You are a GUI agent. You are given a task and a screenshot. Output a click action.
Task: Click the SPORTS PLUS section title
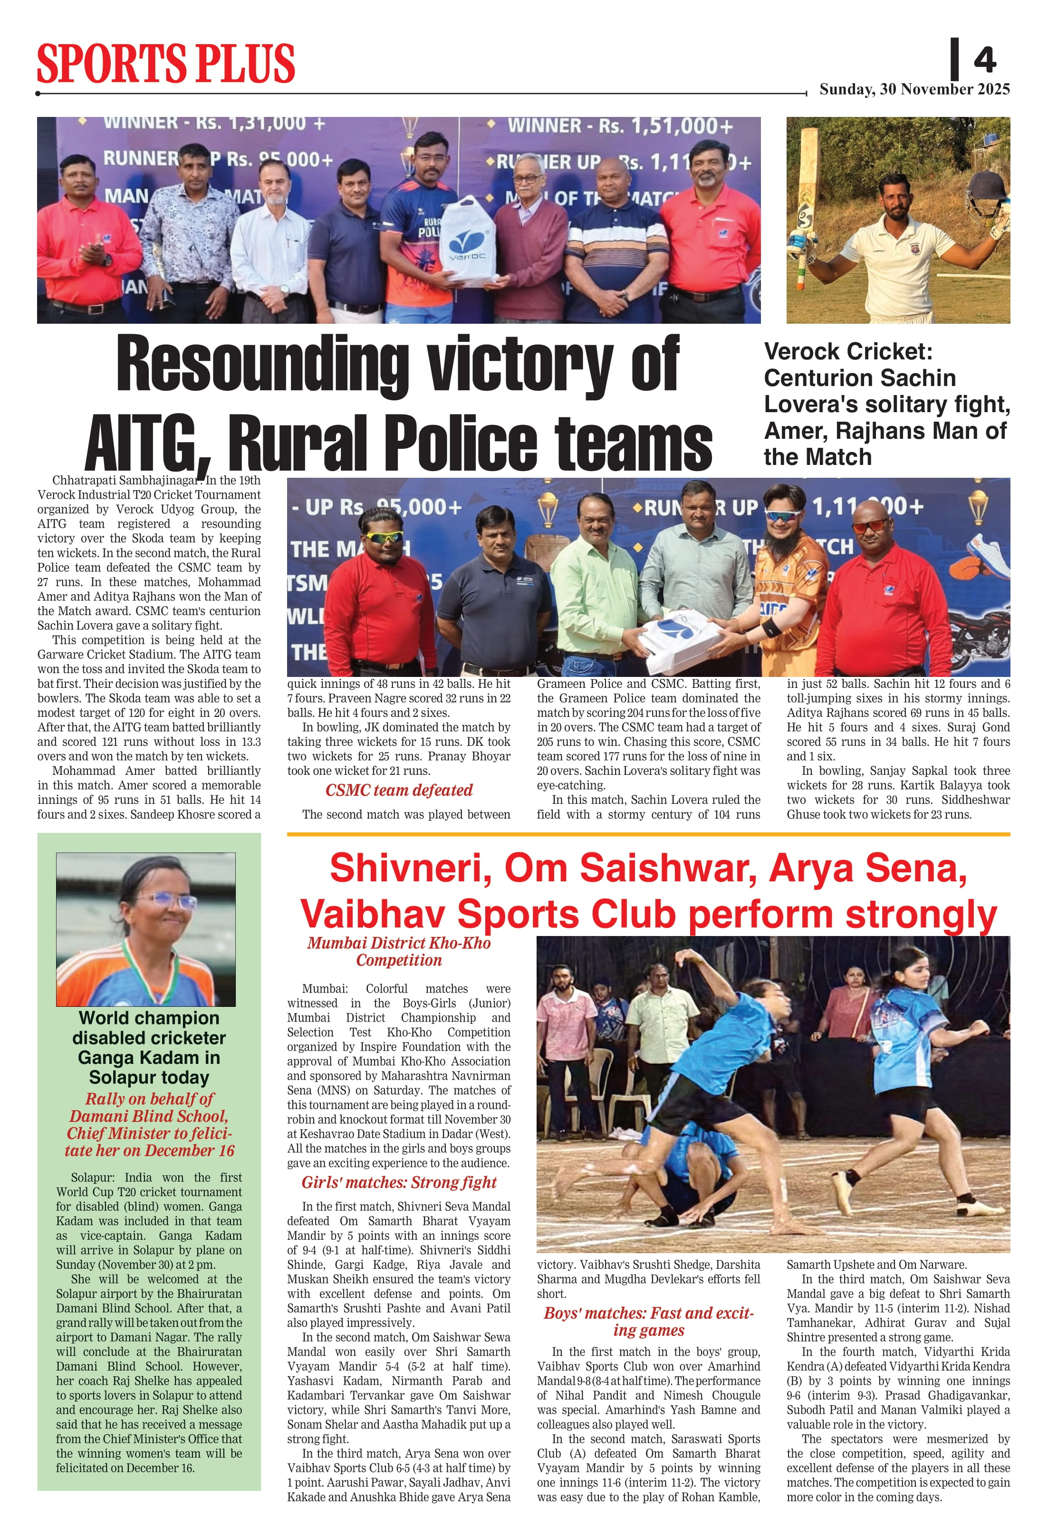[166, 63]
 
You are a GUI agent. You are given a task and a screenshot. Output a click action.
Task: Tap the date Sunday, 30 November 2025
[914, 89]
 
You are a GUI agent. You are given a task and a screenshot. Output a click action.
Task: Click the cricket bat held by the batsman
[807, 192]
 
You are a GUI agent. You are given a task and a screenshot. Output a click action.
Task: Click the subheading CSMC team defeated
[399, 790]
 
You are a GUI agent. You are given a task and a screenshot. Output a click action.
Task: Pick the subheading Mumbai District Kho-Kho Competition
[399, 952]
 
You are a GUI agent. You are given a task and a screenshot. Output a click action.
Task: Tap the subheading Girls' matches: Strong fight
[399, 1182]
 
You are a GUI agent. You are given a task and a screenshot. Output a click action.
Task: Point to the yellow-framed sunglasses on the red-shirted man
[382, 537]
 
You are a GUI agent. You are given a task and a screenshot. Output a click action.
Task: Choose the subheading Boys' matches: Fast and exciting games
[648, 1322]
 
